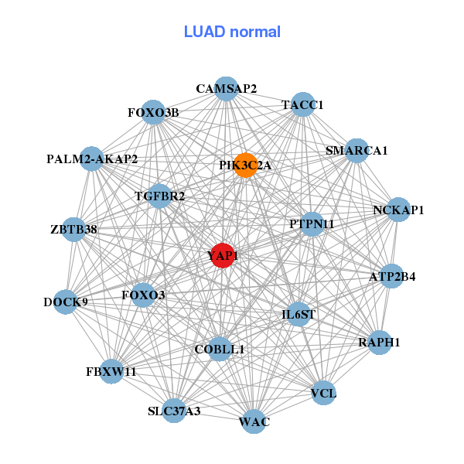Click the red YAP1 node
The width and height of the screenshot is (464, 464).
[223, 256]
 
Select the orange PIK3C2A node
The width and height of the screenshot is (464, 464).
[245, 165]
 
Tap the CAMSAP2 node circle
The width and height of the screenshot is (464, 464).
[226, 88]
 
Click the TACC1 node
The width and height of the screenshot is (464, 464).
[302, 104]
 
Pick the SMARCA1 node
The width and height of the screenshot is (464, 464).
[356, 150]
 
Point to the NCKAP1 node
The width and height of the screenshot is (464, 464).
[397, 210]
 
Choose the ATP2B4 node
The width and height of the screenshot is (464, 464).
[392, 276]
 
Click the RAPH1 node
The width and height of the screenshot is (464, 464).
[379, 342]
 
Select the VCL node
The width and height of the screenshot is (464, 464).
[323, 393]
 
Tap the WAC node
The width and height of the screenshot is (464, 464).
[254, 421]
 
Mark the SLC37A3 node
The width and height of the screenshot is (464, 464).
[175, 411]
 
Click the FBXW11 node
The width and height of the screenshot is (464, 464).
[111, 371]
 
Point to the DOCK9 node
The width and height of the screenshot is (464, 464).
[66, 302]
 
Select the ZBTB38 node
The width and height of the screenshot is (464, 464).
[74, 229]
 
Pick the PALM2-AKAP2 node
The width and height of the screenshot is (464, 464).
[92, 159]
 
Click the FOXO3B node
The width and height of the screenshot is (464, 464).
[153, 112]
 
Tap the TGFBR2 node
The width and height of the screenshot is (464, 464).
[159, 196]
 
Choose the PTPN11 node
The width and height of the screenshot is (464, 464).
[312, 224]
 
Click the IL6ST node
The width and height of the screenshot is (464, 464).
[299, 314]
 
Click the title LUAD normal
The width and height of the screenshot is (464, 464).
[232, 32]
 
